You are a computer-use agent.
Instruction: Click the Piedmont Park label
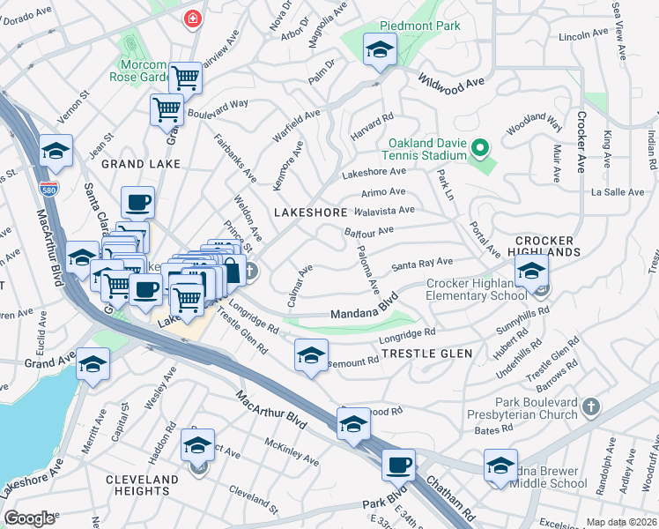(420, 26)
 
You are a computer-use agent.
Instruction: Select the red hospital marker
(191, 19)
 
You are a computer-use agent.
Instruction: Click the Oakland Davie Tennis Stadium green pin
(479, 147)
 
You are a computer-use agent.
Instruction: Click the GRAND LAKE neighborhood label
(140, 164)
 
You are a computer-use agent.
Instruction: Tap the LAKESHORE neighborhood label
(310, 212)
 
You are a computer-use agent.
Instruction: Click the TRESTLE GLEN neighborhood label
(426, 354)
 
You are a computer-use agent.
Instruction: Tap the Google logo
(29, 518)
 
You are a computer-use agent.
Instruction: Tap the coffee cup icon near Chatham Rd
(398, 463)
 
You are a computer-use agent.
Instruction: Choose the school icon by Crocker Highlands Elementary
(531, 273)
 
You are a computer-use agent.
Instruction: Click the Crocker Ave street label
(581, 141)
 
